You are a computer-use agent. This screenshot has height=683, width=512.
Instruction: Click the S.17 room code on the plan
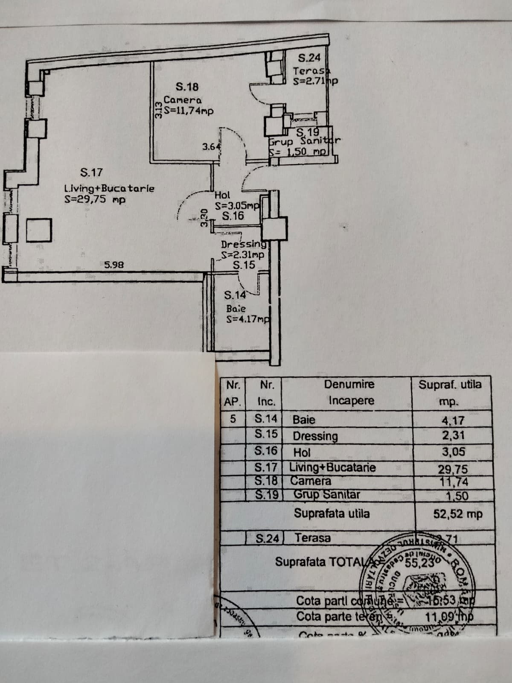(x=91, y=172)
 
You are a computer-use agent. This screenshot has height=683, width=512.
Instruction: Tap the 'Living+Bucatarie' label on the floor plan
(x=109, y=188)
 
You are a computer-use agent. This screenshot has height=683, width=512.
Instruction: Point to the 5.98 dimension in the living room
(x=114, y=265)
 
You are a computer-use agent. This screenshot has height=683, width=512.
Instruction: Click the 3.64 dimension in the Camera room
(x=211, y=147)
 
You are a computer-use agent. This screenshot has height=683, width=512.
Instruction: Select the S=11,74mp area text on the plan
(x=189, y=111)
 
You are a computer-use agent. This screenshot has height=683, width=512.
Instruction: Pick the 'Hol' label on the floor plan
(x=222, y=195)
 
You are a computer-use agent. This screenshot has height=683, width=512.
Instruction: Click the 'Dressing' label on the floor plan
(x=244, y=245)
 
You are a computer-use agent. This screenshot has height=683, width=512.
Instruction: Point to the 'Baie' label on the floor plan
(x=236, y=308)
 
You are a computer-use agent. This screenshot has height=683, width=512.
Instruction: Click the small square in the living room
(x=39, y=231)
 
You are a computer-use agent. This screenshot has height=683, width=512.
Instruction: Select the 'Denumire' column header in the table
(x=349, y=384)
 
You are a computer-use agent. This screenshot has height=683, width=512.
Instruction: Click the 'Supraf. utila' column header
(x=450, y=385)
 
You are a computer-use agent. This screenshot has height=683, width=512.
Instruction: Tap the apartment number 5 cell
(x=233, y=418)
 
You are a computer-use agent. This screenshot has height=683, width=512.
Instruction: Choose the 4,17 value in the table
(x=453, y=421)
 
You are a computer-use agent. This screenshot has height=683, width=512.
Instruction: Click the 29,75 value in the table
(x=453, y=469)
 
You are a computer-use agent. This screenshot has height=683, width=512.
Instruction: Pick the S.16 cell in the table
(x=266, y=451)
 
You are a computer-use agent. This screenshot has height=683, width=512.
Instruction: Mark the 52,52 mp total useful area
(x=458, y=514)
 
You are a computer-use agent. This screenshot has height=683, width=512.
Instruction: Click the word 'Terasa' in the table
(x=313, y=538)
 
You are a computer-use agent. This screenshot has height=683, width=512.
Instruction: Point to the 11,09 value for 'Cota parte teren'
(x=448, y=617)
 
